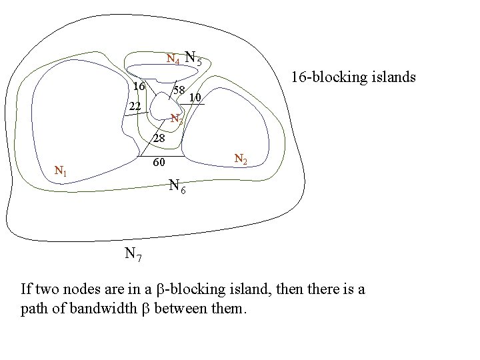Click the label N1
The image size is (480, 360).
pyautogui.click(x=61, y=172)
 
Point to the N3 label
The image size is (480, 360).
pyautogui.click(x=175, y=120)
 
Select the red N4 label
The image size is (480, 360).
pyautogui.click(x=172, y=59)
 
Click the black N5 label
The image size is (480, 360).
pyautogui.click(x=193, y=58)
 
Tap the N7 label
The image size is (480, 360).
pyautogui.click(x=132, y=254)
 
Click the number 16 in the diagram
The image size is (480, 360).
pyautogui.click(x=139, y=87)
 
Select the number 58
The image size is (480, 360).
pyautogui.click(x=179, y=90)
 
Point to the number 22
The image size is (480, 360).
pyautogui.click(x=135, y=107)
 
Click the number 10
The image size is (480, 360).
pyautogui.click(x=194, y=98)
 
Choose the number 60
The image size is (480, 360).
pyautogui.click(x=159, y=163)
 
